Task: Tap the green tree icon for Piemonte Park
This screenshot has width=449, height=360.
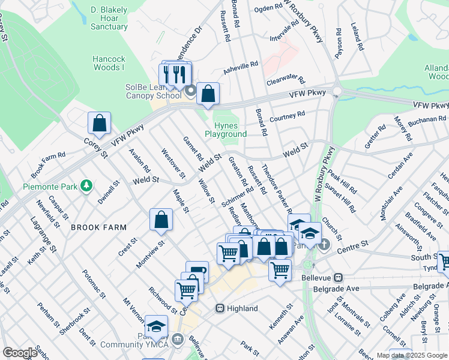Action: coord(86,185)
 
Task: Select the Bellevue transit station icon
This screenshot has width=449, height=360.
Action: coord(338,278)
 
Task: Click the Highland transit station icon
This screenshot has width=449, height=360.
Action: coord(220,308)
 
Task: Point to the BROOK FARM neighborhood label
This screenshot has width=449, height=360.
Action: coord(98,227)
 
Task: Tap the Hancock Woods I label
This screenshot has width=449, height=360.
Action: coord(109,64)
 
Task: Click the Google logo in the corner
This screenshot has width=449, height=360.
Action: coord(20,353)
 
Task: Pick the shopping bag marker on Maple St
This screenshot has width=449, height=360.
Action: coord(161,220)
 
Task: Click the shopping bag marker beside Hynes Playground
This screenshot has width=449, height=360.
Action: coord(208,94)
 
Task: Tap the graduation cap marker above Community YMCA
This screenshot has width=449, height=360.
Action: coord(156,326)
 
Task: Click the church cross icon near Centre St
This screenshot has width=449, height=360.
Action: coord(324,244)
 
